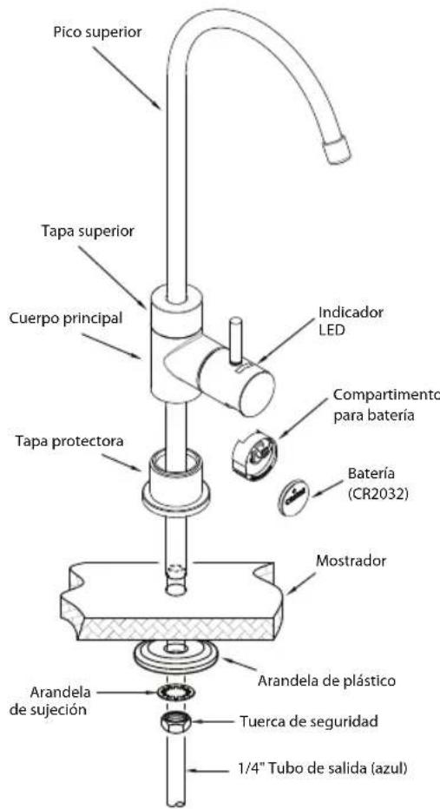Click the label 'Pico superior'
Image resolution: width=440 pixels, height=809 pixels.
(97, 32)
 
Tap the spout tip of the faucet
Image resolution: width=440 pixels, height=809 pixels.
(337, 149)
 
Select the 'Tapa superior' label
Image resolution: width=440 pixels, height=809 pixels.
(89, 232)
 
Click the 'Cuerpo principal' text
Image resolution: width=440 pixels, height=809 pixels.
(66, 319)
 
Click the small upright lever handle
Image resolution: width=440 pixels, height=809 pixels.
(236, 340)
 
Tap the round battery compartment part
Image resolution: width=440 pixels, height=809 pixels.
(255, 454)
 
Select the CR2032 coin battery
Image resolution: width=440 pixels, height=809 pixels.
(293, 497)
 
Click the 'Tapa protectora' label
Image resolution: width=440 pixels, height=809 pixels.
(69, 441)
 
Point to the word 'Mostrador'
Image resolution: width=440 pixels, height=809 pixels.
(351, 561)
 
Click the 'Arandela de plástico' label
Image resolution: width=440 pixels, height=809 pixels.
(326, 681)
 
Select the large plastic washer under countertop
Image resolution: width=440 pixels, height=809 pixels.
(176, 658)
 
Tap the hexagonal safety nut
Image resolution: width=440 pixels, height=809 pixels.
(175, 722)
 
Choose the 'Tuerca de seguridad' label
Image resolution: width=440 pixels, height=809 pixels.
(308, 720)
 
